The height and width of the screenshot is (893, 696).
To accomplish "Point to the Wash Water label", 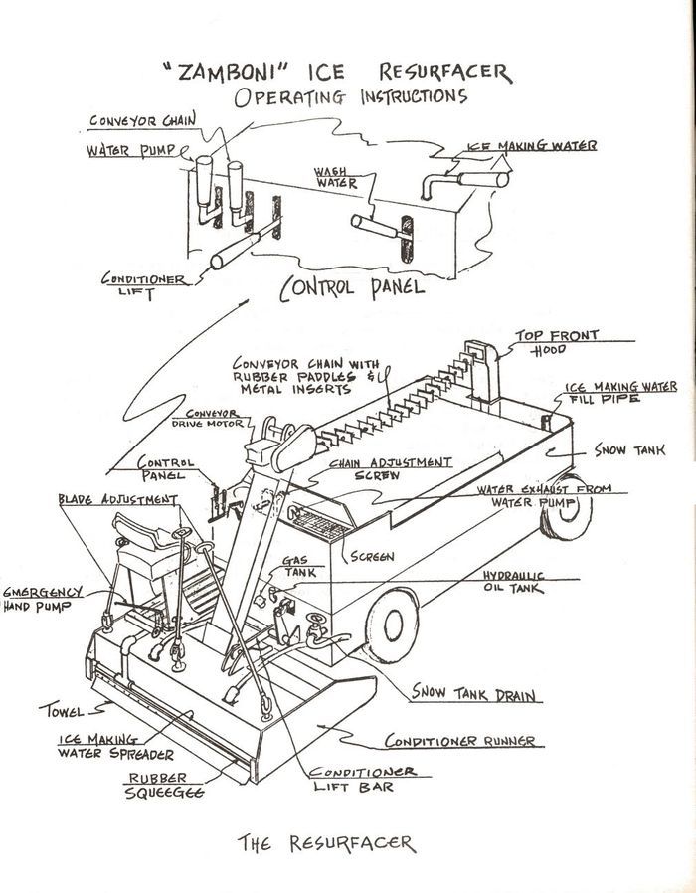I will pyautogui.click(x=338, y=177).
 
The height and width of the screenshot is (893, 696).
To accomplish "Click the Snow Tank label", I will pyautogui.click(x=623, y=450).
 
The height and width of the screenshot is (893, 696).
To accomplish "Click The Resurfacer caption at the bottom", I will pyautogui.click(x=325, y=843).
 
